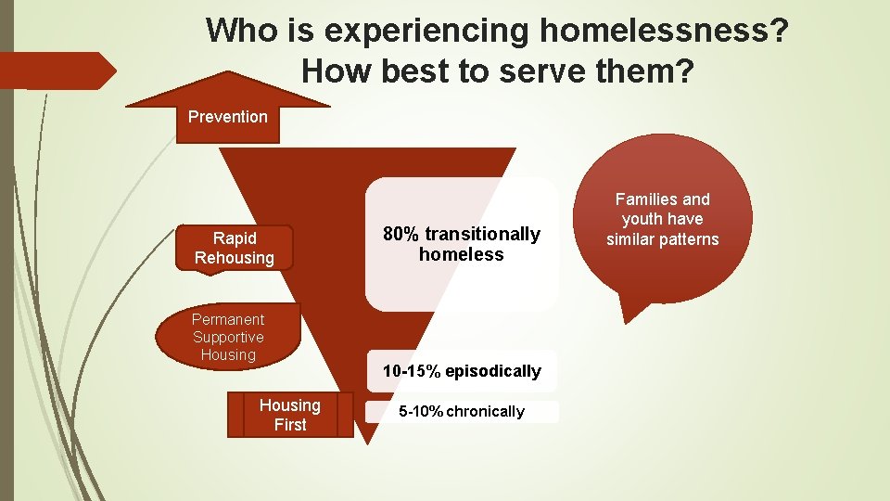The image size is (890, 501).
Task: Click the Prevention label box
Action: click(x=227, y=118)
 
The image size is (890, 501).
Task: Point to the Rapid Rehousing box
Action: click(x=234, y=248)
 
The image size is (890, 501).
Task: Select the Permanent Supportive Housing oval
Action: click(x=228, y=337)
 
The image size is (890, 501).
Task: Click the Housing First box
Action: click(x=290, y=415)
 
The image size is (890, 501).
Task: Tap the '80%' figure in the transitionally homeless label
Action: click(x=401, y=234)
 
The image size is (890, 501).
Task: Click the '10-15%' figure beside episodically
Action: click(x=411, y=371)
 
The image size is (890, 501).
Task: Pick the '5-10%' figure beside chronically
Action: click(x=420, y=412)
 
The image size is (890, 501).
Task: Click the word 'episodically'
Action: click(x=492, y=371)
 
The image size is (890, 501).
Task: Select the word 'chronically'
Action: click(x=485, y=412)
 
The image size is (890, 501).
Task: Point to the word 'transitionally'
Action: click(x=482, y=234)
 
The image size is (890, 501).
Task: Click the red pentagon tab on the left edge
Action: click(x=56, y=71)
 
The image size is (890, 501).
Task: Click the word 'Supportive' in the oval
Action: click(x=228, y=337)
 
